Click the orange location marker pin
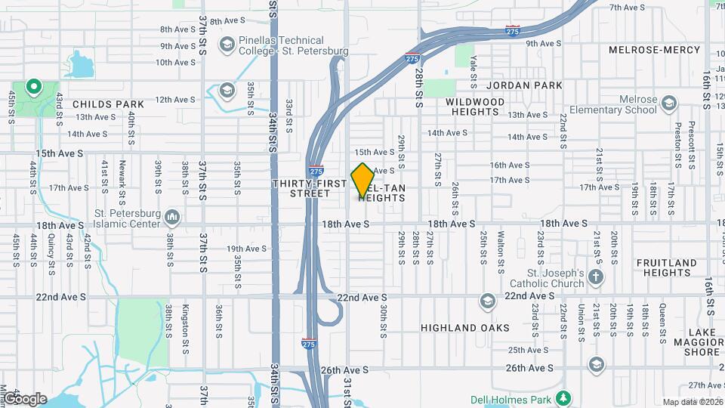[x=362, y=179]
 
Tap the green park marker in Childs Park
[x=33, y=88]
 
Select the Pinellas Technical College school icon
[x=226, y=45]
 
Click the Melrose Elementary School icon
[x=668, y=103]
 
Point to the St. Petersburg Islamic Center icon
[x=172, y=218]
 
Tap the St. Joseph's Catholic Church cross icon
[x=596, y=277]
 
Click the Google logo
[x=24, y=399]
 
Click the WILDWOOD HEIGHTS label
[x=475, y=106]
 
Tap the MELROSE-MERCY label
[x=655, y=50]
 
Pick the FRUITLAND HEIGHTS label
[x=666, y=268]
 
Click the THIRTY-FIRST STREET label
[x=300, y=188]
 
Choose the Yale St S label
[x=473, y=66]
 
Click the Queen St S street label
[x=662, y=320]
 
